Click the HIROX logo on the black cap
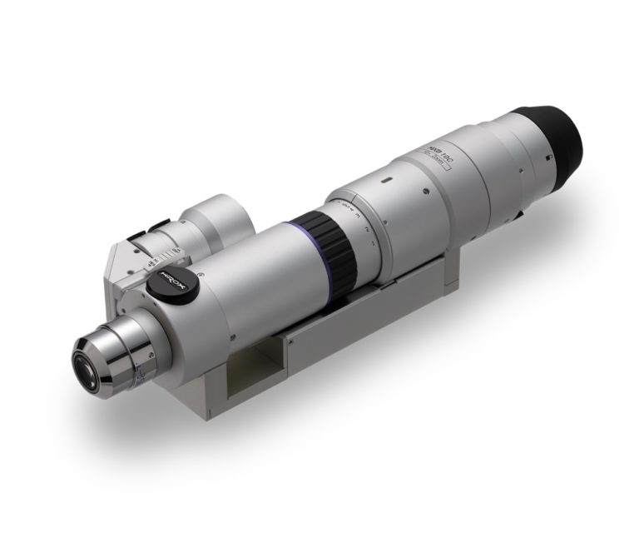click(173, 283)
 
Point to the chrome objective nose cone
click(116, 349)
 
